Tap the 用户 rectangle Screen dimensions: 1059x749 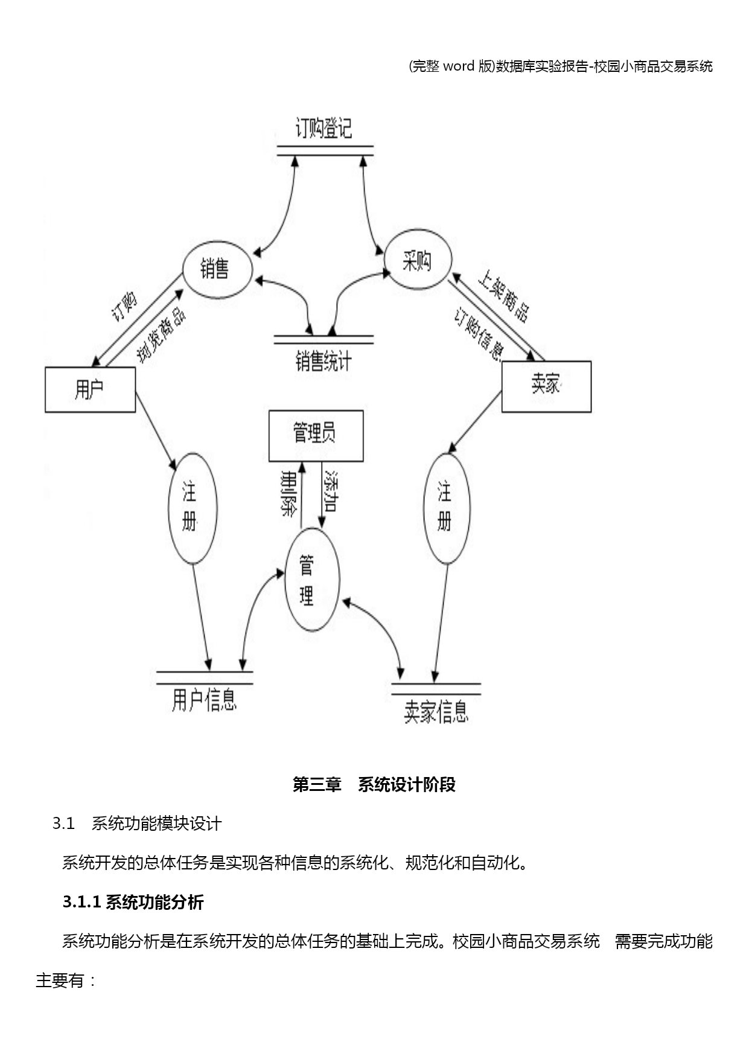pos(90,389)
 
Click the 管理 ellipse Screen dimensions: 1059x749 pos(311,580)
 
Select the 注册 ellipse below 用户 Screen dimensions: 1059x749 pos(192,508)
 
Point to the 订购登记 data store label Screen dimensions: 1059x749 pos(324,129)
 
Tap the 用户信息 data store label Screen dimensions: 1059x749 pos(204,700)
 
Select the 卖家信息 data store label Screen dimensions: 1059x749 pos(436,712)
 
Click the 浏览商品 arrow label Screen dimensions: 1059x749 pos(161,336)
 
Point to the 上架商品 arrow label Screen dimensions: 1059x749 pos(504,296)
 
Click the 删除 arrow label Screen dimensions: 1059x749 pos(289,493)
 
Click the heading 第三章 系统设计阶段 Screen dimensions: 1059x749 pos(374,784)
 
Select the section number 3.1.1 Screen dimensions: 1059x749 pos(81,902)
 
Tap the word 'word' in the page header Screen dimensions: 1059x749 pos(459,66)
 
